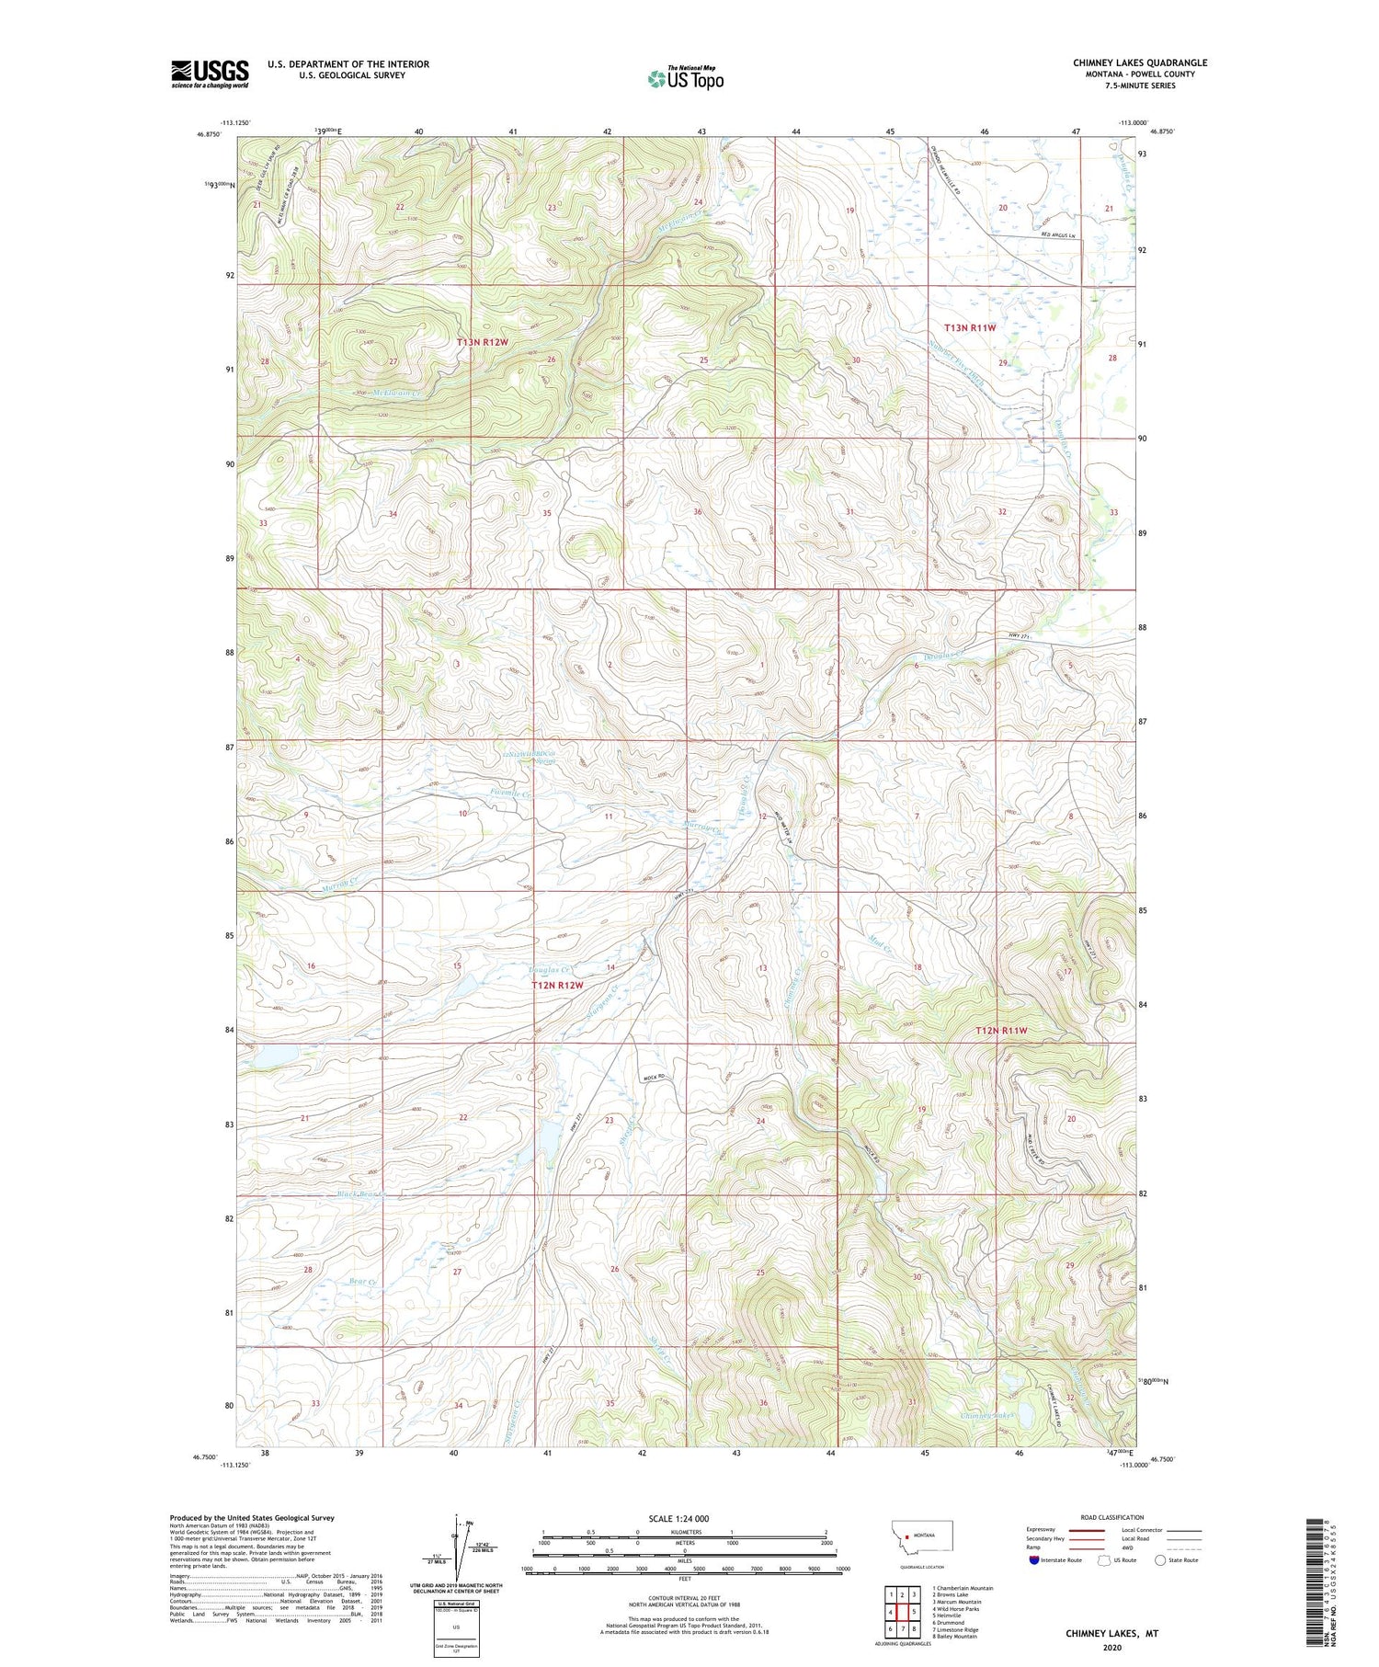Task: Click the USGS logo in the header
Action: coord(210,74)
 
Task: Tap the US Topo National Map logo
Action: coord(685,78)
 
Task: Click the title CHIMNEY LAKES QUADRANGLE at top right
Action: coord(1139,63)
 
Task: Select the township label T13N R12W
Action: coord(483,342)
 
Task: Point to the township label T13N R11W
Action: coord(971,327)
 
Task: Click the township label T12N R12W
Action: coord(557,986)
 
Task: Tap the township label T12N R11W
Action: coord(1000,1031)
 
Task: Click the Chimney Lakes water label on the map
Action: coord(986,1416)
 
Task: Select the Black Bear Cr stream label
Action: coord(359,1195)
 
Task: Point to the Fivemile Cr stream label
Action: coord(510,793)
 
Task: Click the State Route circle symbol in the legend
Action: coord(1160,1560)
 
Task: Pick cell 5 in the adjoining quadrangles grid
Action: coord(914,1612)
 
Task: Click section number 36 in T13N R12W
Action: coord(698,512)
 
